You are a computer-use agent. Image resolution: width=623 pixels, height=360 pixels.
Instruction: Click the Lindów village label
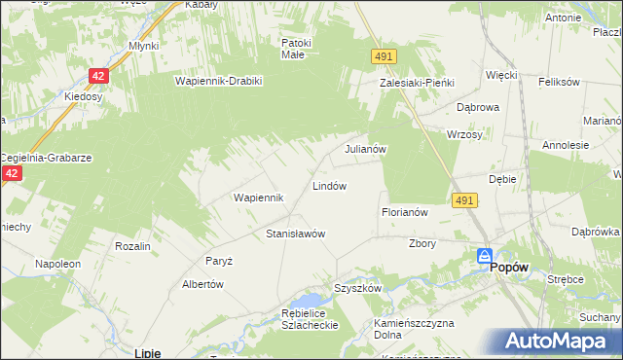(x=329, y=185)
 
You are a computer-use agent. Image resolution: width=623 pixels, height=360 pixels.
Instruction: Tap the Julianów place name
(x=367, y=150)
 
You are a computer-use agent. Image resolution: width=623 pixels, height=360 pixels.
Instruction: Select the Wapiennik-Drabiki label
(x=219, y=81)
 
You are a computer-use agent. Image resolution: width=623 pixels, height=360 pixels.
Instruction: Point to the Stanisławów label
(x=295, y=234)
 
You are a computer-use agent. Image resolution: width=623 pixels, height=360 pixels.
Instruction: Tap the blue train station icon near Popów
(x=484, y=256)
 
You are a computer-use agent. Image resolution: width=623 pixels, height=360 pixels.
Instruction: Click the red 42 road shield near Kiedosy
(x=98, y=75)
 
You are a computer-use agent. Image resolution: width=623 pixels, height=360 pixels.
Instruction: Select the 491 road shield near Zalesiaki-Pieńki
(x=382, y=58)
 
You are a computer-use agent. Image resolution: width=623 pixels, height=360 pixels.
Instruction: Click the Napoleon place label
(x=56, y=264)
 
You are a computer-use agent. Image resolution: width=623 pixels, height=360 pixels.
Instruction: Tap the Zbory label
(x=422, y=243)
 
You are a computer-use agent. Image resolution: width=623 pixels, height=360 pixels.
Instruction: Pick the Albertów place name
(x=203, y=284)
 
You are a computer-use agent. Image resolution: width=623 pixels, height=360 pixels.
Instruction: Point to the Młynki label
(x=143, y=45)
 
